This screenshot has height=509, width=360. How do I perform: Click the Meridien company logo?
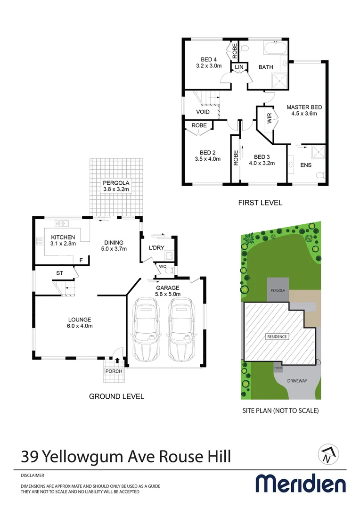[301, 484]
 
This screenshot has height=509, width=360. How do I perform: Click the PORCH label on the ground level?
[114, 371]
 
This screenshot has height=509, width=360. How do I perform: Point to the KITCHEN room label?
[63, 237]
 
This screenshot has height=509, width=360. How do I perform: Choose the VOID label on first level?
[203, 112]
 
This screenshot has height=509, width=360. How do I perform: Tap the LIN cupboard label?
[239, 67]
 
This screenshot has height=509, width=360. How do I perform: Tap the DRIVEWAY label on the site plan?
[298, 380]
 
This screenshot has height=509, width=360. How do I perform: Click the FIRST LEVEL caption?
[260, 203]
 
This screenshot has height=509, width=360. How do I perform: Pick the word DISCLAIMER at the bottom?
[33, 475]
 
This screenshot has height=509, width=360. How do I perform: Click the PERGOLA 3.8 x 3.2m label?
[116, 186]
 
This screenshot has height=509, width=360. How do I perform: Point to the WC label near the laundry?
[162, 266]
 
